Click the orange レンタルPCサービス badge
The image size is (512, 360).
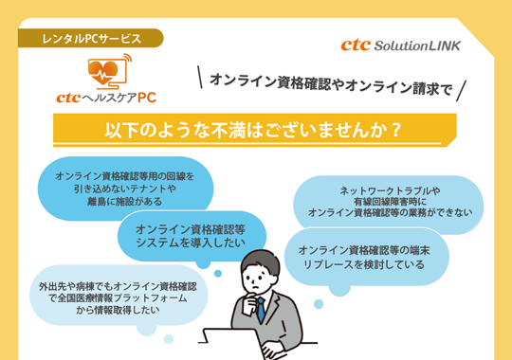coord(91,39)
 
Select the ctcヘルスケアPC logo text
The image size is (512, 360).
coord(105,96)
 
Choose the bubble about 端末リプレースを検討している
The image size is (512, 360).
coord(368,256)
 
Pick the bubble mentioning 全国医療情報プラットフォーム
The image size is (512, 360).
coord(117,297)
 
